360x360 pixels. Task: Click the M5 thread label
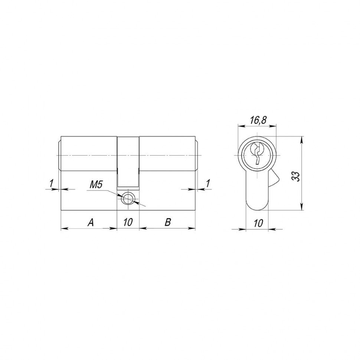coord(96,184)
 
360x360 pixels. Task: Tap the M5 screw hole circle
coord(128,199)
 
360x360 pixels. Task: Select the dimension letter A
coord(90,222)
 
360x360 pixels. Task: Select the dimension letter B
coord(167,222)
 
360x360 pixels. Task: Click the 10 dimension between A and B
coord(128,222)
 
